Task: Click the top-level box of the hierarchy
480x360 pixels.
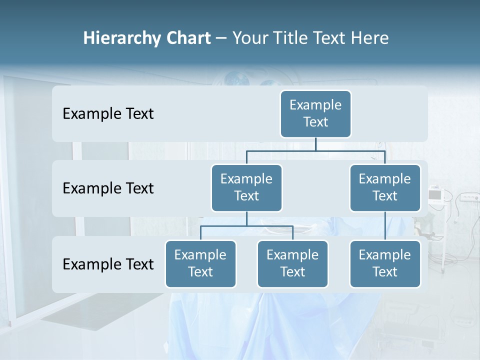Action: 315,114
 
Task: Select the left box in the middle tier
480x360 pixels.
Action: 246,188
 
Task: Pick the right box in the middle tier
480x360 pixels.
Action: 385,188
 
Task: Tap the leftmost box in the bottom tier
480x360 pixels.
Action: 200,264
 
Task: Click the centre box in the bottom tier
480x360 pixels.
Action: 292,264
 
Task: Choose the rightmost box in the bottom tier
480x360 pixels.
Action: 385,264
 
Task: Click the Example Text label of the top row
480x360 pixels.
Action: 108,114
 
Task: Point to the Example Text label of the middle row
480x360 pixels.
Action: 108,188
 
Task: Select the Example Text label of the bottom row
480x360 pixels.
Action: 108,264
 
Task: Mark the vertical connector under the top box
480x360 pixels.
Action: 315,144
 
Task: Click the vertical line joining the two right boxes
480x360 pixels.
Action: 385,226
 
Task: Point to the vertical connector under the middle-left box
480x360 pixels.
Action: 246,218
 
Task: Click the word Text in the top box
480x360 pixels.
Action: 315,122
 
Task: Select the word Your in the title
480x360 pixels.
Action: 249,38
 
